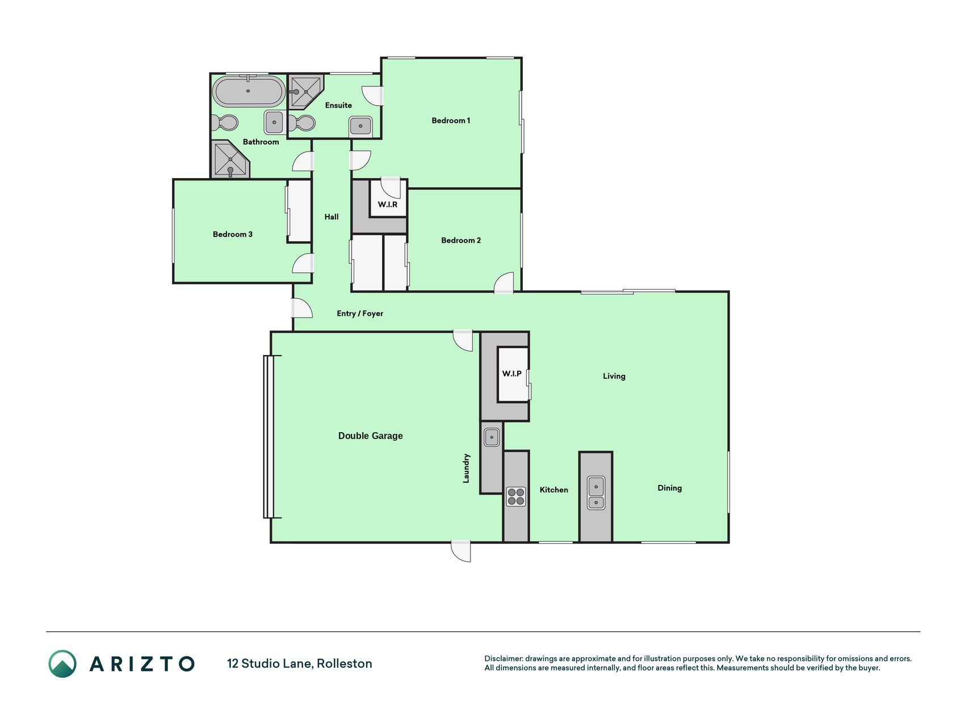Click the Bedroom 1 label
[x=451, y=120]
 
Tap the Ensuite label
[x=338, y=105]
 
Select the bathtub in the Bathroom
[x=249, y=91]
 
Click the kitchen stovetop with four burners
[x=516, y=496]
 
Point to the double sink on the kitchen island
[x=595, y=493]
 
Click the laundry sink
[x=492, y=437]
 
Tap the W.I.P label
[x=511, y=373]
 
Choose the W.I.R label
[x=388, y=204]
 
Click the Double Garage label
[x=371, y=436]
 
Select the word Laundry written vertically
[x=466, y=468]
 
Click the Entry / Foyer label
[x=360, y=313]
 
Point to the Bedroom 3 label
[x=233, y=234]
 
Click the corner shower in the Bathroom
[x=230, y=159]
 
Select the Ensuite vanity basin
[x=360, y=125]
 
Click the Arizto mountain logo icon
[x=62, y=664]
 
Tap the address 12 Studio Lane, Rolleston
[x=300, y=664]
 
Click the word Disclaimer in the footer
[x=503, y=659]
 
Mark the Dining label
[x=670, y=488]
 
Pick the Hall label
[x=332, y=217]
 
